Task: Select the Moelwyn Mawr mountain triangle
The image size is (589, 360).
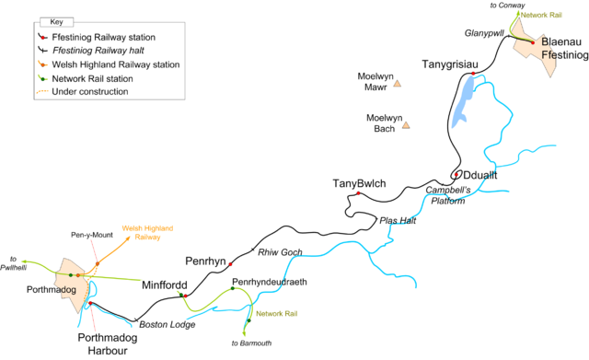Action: (398, 84)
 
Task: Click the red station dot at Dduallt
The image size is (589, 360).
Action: (456, 175)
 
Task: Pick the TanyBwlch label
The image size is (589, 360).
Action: (359, 185)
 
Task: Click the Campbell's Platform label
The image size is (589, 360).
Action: (456, 195)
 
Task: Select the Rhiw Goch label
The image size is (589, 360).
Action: (280, 252)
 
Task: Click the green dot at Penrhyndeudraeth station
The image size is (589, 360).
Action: (233, 289)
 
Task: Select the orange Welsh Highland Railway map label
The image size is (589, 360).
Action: (148, 232)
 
